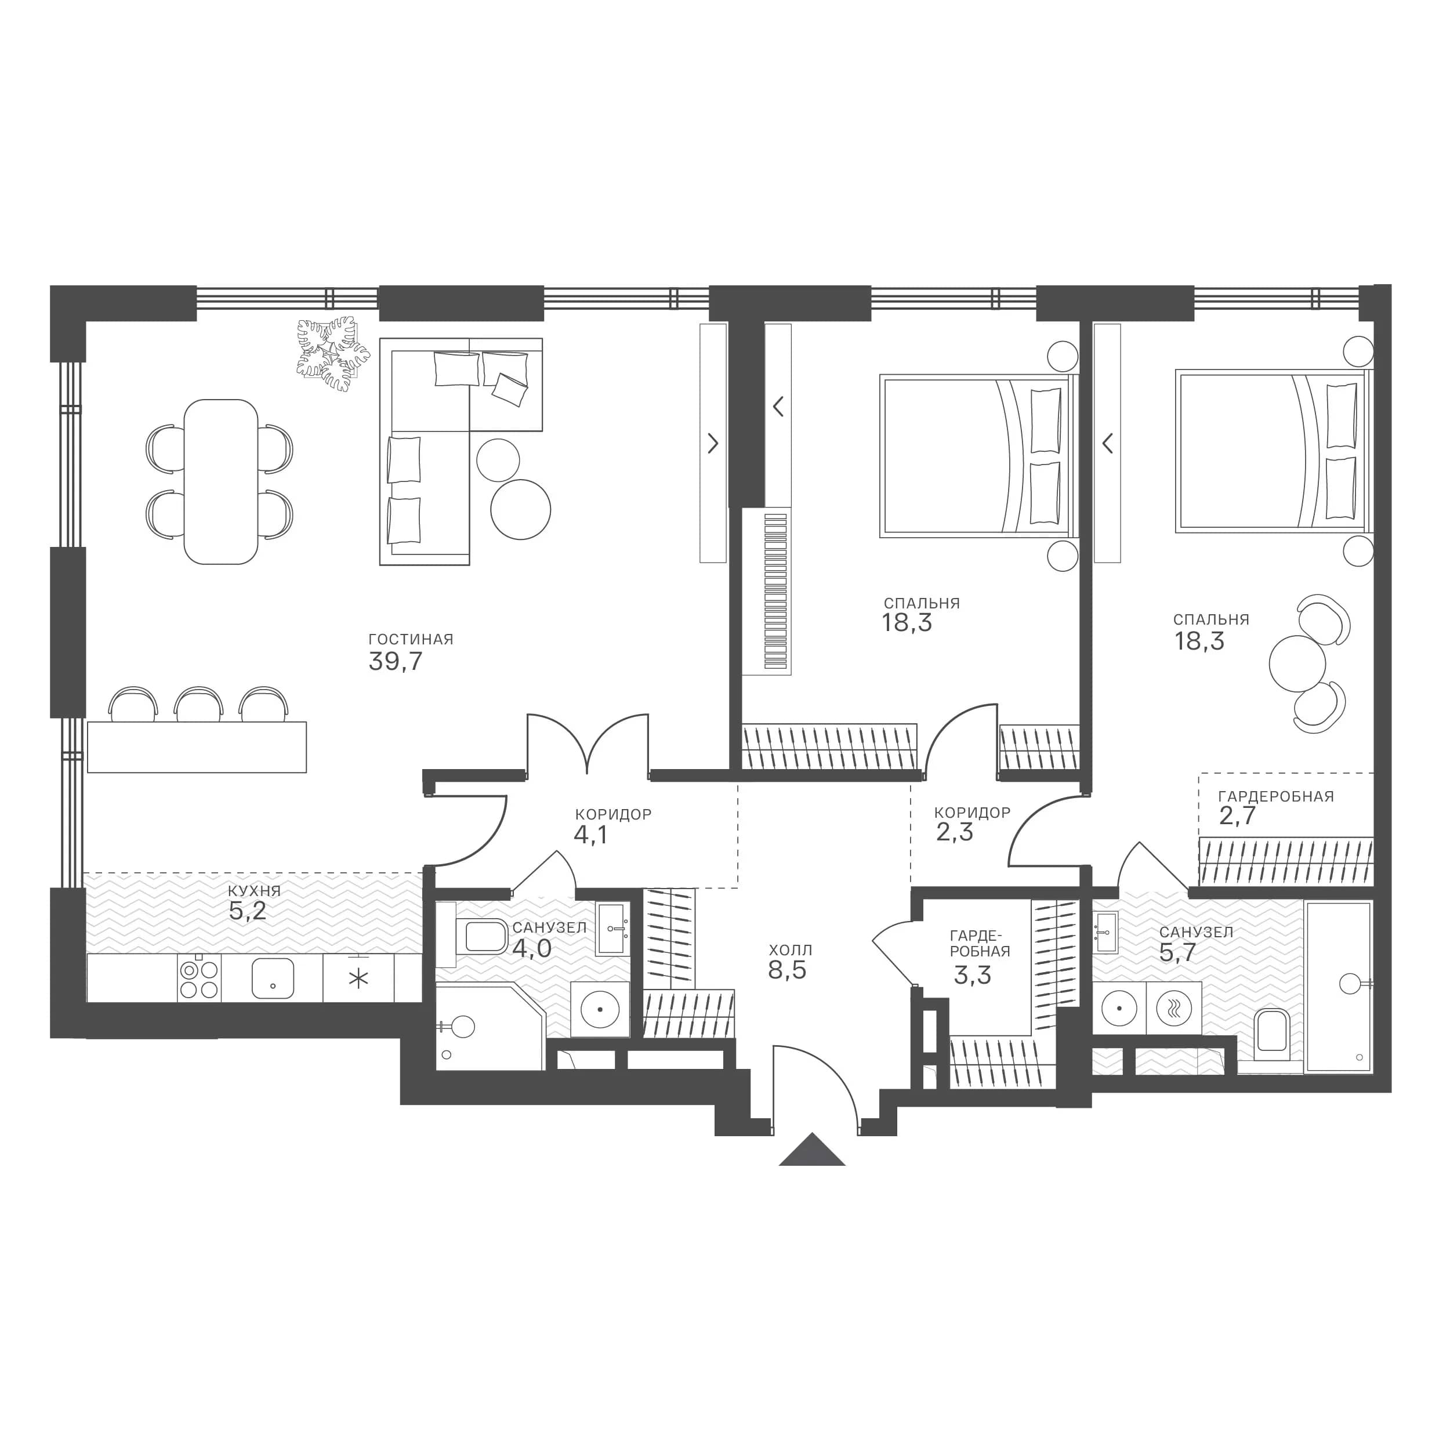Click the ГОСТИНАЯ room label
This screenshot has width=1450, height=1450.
(x=411, y=639)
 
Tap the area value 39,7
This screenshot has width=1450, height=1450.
(x=396, y=661)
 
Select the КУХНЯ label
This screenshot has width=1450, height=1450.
(x=255, y=891)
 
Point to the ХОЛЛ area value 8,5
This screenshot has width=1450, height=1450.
(x=786, y=970)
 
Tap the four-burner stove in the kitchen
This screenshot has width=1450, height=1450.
(x=199, y=980)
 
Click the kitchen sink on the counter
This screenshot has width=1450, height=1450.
(x=273, y=978)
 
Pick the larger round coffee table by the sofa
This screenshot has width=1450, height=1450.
(x=520, y=509)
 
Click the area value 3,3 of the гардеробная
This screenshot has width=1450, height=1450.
(x=972, y=975)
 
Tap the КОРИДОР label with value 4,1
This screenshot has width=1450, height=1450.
(x=613, y=814)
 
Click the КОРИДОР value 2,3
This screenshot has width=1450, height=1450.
(x=955, y=832)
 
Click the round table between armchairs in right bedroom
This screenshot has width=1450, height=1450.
(x=1297, y=664)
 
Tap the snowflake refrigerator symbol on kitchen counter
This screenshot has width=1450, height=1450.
(x=360, y=978)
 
